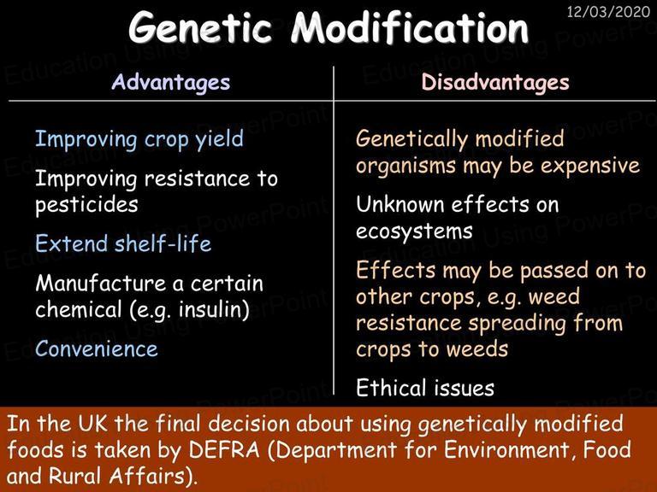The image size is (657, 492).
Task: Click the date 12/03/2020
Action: [x=608, y=11]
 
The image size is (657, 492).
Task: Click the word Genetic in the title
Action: [x=200, y=28]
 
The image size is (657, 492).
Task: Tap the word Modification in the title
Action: [x=410, y=27]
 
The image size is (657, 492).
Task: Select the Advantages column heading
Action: [x=171, y=82]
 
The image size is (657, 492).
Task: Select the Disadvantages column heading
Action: [x=495, y=82]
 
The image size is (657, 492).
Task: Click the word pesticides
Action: [x=86, y=205]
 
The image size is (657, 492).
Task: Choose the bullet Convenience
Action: [x=97, y=348]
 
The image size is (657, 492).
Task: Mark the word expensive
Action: [x=590, y=167]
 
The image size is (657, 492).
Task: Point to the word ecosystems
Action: [x=414, y=231]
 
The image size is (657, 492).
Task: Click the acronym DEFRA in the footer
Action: [x=224, y=450]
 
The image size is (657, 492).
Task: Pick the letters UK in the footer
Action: [x=92, y=424]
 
